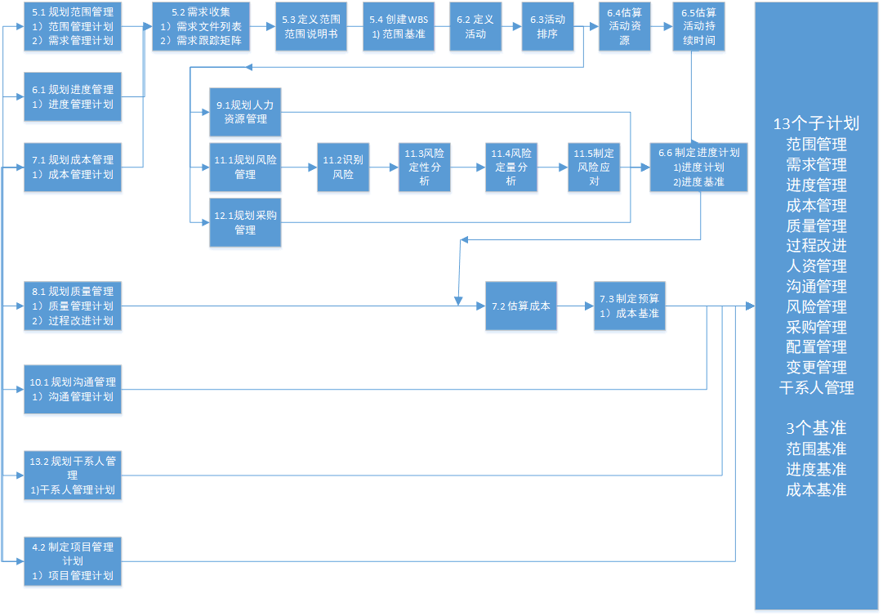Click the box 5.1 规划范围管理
(72, 27)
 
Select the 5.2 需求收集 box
(200, 27)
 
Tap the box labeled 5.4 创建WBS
(398, 27)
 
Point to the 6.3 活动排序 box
(548, 27)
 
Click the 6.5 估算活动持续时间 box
(699, 27)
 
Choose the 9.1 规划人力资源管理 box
(245, 112)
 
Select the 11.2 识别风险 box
(342, 167)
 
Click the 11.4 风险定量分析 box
(511, 167)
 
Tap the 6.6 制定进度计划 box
(698, 167)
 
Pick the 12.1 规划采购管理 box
(245, 222)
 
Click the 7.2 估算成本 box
(521, 306)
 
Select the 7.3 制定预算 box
(629, 306)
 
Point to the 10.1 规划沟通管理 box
(72, 389)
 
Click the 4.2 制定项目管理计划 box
(72, 561)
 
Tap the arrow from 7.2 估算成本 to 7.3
(575, 306)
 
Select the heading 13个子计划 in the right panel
(816, 124)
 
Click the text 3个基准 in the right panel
(816, 428)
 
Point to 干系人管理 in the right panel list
(816, 388)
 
